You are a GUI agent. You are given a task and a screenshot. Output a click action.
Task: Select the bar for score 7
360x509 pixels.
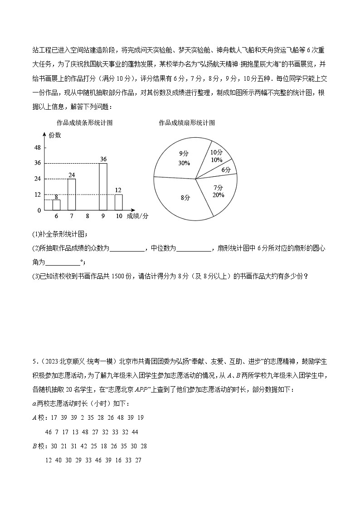[x=72, y=194]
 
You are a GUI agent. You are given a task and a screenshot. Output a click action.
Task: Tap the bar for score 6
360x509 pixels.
[x=56, y=205]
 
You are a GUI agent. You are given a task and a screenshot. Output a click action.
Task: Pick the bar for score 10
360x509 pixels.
[x=119, y=202]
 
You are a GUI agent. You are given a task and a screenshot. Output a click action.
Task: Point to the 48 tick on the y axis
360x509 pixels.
[x=38, y=147]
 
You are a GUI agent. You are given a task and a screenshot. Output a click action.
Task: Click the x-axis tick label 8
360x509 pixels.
[x=88, y=217]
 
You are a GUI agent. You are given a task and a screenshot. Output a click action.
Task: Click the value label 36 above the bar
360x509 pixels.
[x=103, y=159]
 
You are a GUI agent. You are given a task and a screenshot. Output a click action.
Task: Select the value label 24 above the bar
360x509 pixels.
[x=72, y=175]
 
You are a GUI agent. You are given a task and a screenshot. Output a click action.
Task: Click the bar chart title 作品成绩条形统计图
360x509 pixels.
[x=84, y=123]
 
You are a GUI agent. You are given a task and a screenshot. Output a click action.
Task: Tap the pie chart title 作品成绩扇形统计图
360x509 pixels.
[x=187, y=123]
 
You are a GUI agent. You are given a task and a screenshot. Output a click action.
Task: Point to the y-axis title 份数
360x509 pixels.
[x=55, y=135]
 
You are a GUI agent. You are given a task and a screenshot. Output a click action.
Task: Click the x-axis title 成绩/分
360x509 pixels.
[x=137, y=216]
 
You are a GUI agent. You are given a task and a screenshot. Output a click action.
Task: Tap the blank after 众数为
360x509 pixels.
[x=127, y=248]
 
